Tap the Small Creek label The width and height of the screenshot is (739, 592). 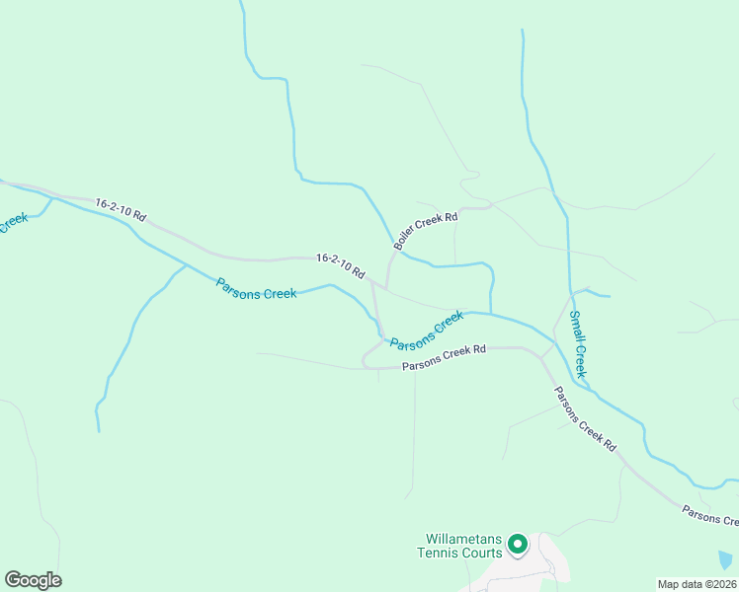(x=579, y=342)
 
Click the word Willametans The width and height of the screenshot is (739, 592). (x=464, y=540)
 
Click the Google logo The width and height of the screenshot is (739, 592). (x=33, y=580)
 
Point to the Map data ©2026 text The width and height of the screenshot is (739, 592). (x=698, y=584)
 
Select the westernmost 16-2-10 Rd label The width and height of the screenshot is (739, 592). (x=121, y=209)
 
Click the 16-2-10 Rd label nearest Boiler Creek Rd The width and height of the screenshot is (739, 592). (x=341, y=264)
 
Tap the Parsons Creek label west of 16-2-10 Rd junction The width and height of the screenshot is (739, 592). (x=256, y=288)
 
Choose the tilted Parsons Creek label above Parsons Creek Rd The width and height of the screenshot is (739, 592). (x=427, y=331)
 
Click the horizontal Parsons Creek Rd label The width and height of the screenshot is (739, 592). (x=445, y=357)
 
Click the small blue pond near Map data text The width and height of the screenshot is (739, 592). (x=727, y=559)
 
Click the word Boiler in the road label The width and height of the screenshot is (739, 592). (x=405, y=241)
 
